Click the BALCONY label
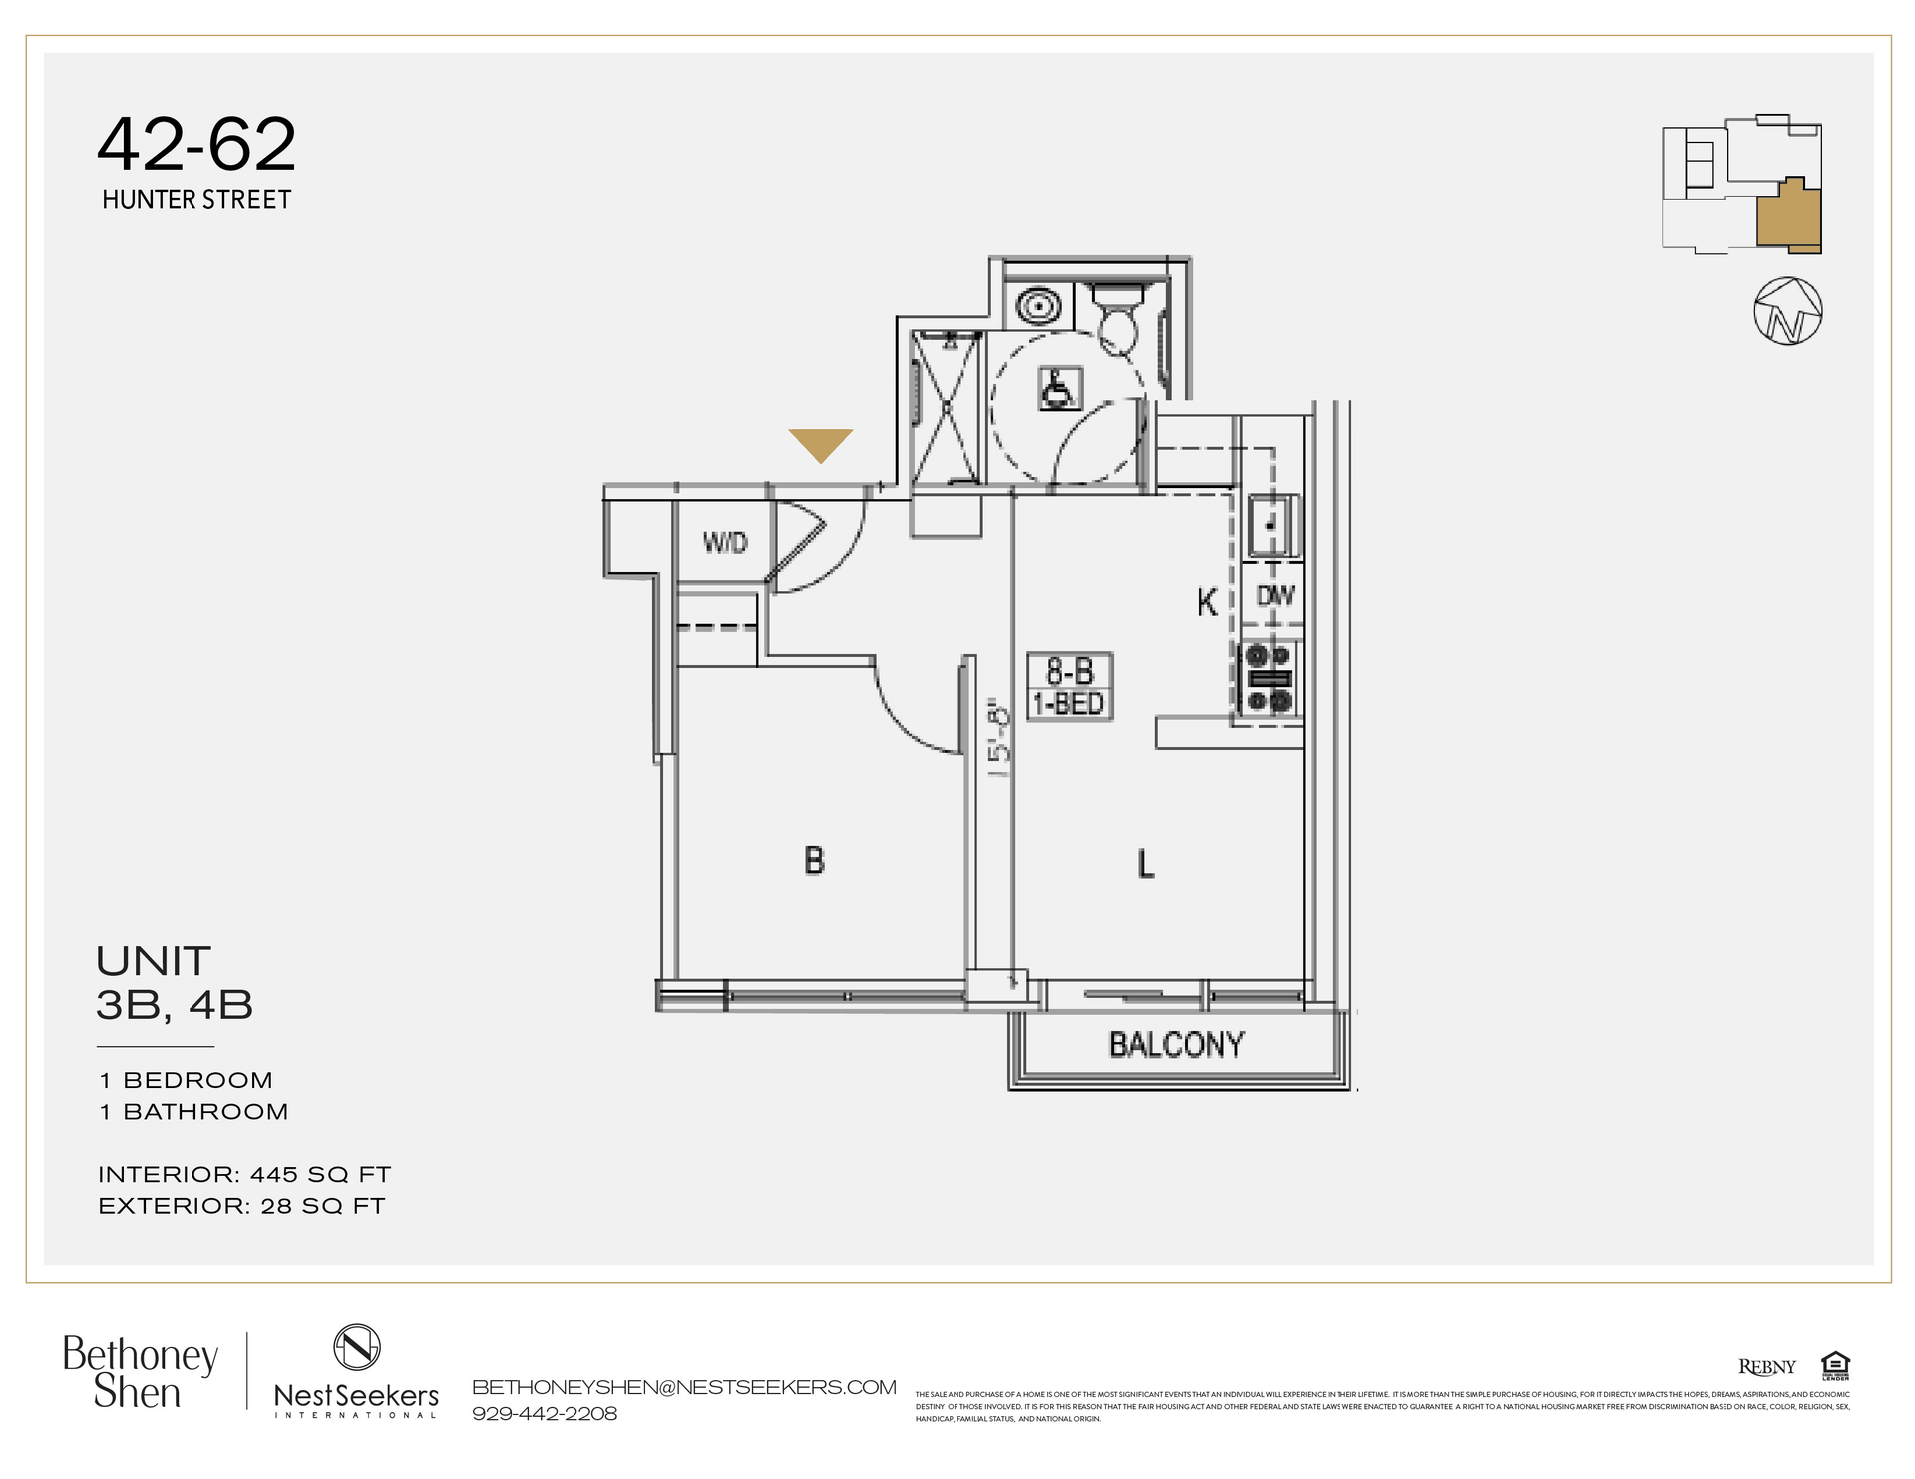click(x=1176, y=1044)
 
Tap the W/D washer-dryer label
click(x=724, y=542)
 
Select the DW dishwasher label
click(x=1274, y=596)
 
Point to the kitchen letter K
click(x=1207, y=602)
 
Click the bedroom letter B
click(x=814, y=860)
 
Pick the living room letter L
click(x=1146, y=863)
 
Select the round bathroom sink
click(x=1038, y=305)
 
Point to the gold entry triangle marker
click(x=820, y=444)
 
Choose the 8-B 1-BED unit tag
click(x=1069, y=687)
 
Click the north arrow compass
click(x=1787, y=311)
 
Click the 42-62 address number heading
click(x=196, y=144)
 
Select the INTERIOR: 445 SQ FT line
click(x=244, y=1174)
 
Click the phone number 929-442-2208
click(x=545, y=1413)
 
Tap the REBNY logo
click(x=1766, y=1367)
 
